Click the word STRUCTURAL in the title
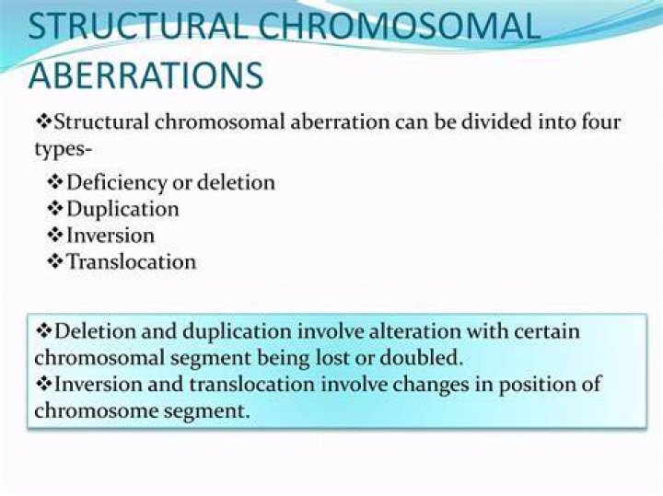(137, 26)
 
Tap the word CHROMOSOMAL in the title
(399, 26)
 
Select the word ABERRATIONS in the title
(146, 75)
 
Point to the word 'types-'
(63, 150)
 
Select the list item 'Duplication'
(122, 210)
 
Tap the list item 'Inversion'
(110, 236)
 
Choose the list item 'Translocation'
(132, 261)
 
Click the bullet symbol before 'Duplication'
(55, 209)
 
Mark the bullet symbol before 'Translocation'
(55, 261)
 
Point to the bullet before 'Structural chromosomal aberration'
(44, 121)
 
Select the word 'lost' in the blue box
(334, 358)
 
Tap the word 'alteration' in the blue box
(414, 331)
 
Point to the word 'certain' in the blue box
(547, 331)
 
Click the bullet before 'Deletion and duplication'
(44, 330)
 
